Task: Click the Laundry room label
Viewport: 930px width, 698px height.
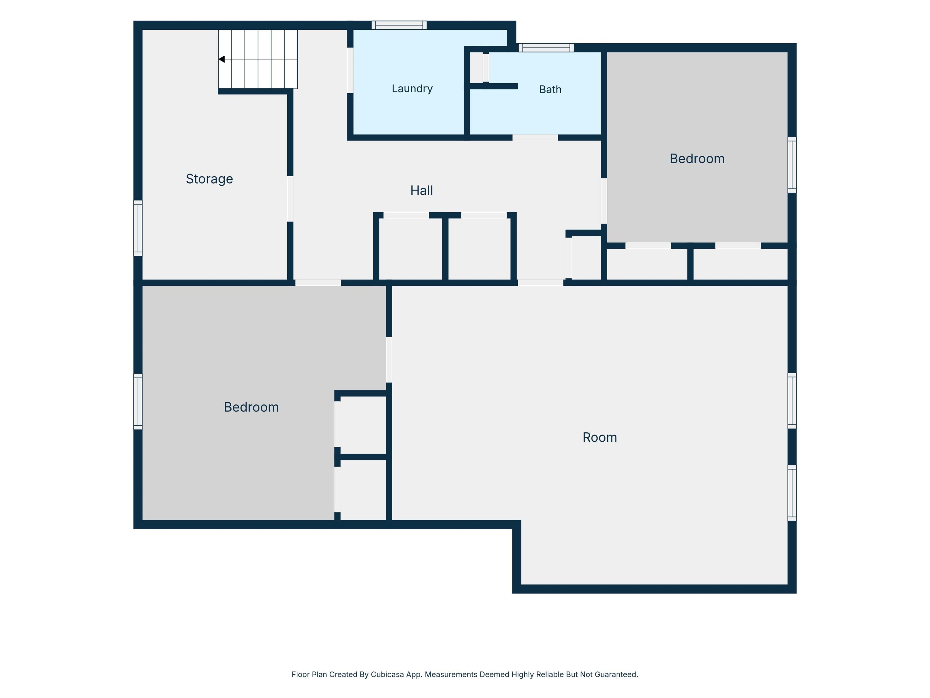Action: (x=412, y=89)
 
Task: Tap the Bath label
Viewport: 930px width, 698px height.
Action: (x=550, y=90)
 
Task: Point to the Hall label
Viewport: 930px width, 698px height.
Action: (x=422, y=191)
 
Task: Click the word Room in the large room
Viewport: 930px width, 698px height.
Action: (x=599, y=437)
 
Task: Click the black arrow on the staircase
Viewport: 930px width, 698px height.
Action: (x=222, y=59)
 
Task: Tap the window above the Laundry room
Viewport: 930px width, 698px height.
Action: (x=399, y=25)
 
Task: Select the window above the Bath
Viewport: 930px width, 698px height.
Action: (x=546, y=48)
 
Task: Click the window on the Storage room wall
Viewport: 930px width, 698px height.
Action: (x=138, y=228)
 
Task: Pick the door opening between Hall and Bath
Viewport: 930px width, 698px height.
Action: (x=535, y=138)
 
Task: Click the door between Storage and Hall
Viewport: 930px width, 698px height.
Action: (x=290, y=199)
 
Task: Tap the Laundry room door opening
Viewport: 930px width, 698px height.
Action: (x=350, y=70)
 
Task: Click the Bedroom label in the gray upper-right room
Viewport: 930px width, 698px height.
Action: (x=697, y=159)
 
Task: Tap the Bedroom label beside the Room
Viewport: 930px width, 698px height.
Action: (x=251, y=407)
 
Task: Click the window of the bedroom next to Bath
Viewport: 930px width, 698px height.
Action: (x=792, y=165)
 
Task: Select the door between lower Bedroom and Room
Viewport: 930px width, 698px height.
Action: (x=389, y=360)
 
